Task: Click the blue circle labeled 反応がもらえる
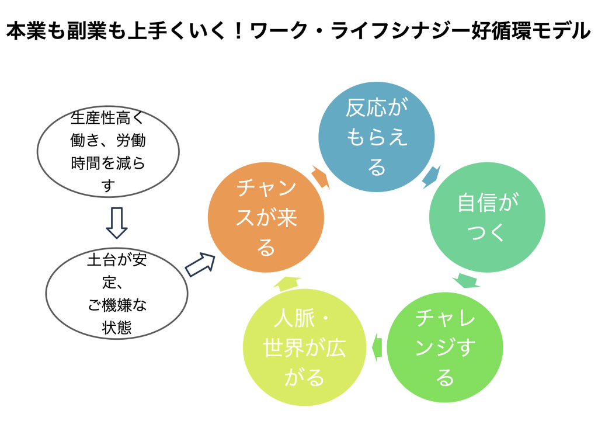coord(377,137)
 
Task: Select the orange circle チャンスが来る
coord(266,218)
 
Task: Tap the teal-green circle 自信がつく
coord(487,218)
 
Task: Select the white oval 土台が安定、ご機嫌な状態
coord(117,294)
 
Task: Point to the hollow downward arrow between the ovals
coord(117,223)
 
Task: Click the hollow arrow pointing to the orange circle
coord(200,265)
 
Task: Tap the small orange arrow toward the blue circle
coord(321,177)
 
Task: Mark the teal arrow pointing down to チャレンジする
coord(467,280)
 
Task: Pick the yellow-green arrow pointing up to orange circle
coord(287,283)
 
